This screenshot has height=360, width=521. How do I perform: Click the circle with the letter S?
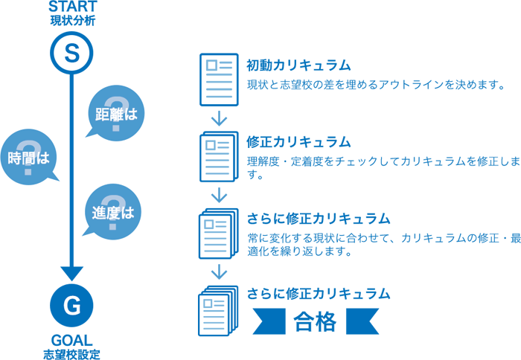[71, 52]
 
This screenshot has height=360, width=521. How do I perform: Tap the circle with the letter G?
[71, 304]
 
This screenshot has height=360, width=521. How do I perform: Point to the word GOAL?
[71, 337]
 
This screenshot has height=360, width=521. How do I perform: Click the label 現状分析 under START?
[71, 21]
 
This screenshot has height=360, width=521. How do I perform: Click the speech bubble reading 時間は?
[29, 157]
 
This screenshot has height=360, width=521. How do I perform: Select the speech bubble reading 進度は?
[112, 212]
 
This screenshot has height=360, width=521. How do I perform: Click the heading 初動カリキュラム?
[298, 66]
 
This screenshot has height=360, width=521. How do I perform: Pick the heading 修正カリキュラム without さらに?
[298, 141]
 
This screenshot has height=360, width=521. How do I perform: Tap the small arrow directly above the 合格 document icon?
[218, 270]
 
